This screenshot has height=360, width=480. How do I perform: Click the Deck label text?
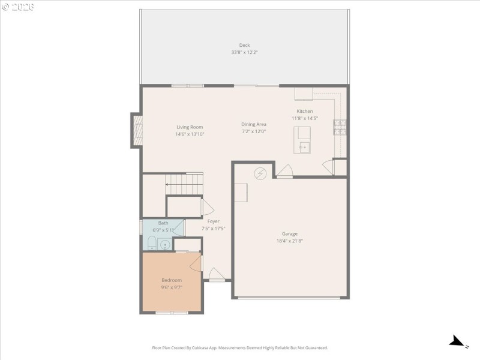[244, 45]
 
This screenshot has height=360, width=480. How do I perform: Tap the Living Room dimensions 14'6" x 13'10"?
[190, 134]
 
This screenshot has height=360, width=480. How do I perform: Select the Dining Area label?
[254, 124]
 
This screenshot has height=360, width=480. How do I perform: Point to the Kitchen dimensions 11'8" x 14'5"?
[304, 118]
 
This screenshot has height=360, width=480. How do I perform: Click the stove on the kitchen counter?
[340, 127]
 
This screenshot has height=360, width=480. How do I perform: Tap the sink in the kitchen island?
[303, 146]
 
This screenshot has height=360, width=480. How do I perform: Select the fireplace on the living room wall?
[137, 131]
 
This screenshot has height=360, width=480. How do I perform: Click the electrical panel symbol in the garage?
[260, 173]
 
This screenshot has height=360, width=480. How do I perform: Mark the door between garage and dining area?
[284, 172]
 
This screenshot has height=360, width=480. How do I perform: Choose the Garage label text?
[290, 234]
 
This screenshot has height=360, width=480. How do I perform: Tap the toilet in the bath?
[152, 244]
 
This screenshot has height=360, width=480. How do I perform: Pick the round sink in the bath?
[165, 244]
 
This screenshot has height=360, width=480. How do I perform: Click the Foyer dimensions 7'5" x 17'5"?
[213, 228]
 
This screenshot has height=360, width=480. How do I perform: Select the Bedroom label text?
[171, 280]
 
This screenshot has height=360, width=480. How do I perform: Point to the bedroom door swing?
[195, 263]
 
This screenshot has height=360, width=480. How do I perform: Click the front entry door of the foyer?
[217, 278]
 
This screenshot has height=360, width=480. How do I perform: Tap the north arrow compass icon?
[458, 341]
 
